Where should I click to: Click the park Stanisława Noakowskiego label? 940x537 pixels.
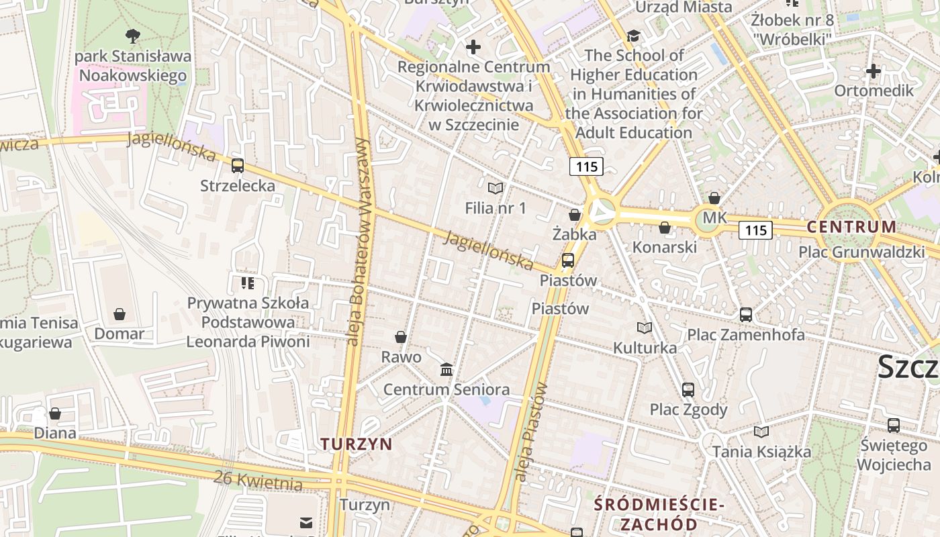[x=133, y=66]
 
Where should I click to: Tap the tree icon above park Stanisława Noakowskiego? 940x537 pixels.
[x=133, y=36]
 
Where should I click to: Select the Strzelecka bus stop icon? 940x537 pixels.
[x=238, y=165]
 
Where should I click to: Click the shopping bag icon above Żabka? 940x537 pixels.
[x=575, y=215]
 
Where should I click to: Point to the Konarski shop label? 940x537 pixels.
[x=665, y=247]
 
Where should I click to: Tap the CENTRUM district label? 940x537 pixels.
[x=851, y=227]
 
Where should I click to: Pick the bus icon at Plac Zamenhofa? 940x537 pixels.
[x=746, y=314]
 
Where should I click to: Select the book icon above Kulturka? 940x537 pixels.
[x=645, y=328]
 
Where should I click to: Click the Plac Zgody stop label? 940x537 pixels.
[x=688, y=409]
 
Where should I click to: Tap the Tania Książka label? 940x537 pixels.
[x=761, y=452]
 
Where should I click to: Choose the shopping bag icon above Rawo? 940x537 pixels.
[x=401, y=337]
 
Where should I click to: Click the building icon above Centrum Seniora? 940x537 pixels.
[x=446, y=370]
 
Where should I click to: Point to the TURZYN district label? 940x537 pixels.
[x=357, y=444]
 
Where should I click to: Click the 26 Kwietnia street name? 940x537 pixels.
[x=258, y=481]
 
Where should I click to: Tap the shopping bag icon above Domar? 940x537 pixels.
[x=120, y=314]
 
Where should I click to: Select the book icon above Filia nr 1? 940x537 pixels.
[x=496, y=188]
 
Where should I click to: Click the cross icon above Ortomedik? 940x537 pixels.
[x=874, y=70]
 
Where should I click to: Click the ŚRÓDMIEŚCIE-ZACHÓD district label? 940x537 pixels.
[x=659, y=514]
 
